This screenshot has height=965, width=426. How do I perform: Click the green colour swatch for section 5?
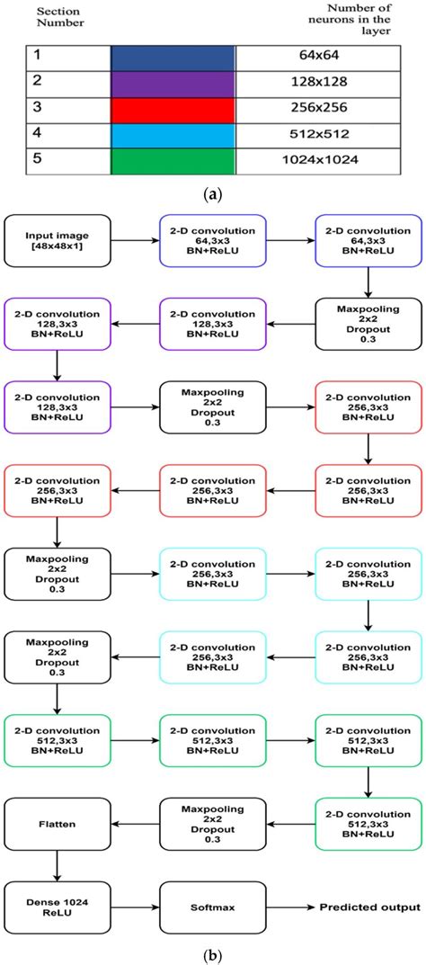(172, 162)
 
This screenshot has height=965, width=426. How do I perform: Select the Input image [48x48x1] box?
(57, 242)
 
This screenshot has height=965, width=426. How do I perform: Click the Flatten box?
(57, 821)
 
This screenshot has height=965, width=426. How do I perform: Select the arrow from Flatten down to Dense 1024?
(57, 863)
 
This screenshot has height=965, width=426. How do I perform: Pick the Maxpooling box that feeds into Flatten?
(212, 821)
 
